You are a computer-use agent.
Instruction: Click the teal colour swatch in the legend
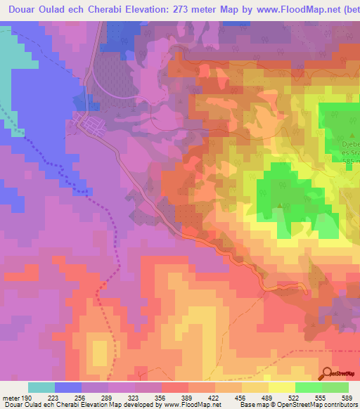tap(41, 387)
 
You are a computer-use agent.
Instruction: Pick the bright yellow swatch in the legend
tap(281, 387)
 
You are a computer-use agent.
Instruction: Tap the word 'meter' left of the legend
tap(12, 398)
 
